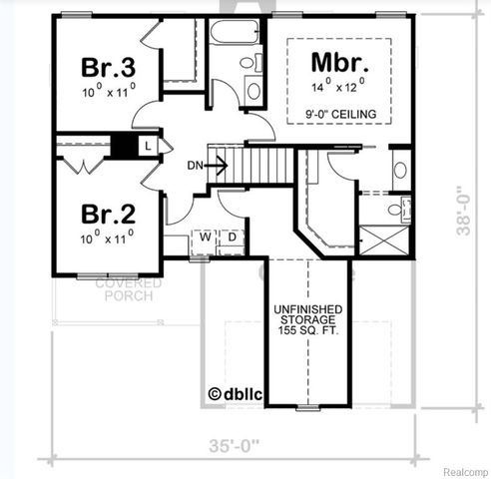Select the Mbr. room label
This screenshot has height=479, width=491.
pyautogui.click(x=335, y=61)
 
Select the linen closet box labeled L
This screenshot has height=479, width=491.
pyautogui.click(x=148, y=146)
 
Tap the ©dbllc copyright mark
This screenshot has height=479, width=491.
pyautogui.click(x=234, y=394)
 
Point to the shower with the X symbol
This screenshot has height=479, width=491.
pyautogui.click(x=385, y=240)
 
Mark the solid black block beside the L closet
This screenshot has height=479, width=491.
pyautogui.click(x=124, y=146)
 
